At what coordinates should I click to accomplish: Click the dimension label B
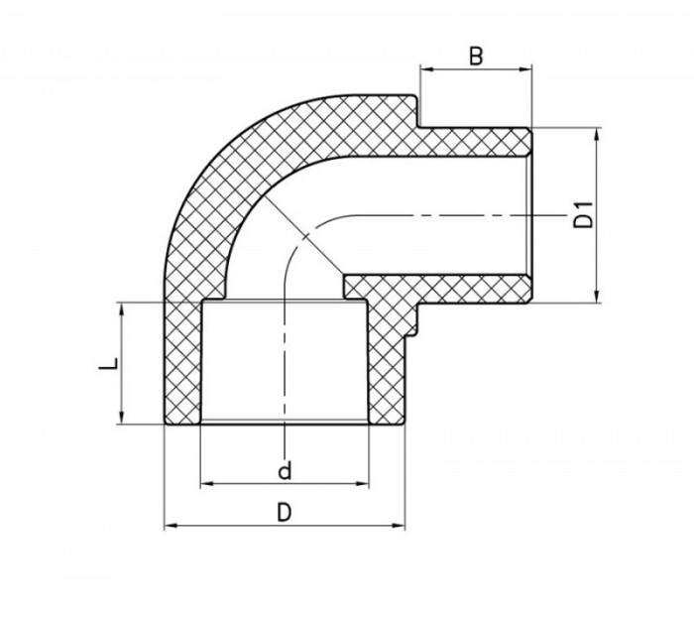pyautogui.click(x=476, y=57)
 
